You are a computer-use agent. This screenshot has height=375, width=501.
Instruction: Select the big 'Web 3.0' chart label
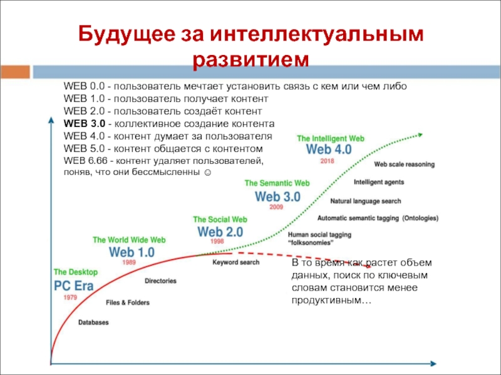(278, 196)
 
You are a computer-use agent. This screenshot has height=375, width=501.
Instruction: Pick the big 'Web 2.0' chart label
(220, 232)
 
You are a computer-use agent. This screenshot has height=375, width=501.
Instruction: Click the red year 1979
(70, 297)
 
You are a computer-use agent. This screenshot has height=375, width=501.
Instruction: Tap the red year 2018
(328, 161)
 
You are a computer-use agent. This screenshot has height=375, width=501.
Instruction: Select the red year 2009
(276, 206)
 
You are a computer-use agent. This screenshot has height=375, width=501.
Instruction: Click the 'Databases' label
(93, 322)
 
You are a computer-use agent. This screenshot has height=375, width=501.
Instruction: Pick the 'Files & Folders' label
(128, 302)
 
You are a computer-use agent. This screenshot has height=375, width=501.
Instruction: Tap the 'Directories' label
(160, 281)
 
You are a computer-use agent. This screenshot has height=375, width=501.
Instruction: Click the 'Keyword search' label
(235, 262)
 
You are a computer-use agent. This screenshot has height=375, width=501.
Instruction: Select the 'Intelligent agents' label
(378, 182)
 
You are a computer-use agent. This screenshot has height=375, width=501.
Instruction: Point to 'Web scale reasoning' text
(405, 165)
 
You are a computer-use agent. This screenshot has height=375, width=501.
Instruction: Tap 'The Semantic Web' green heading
(277, 183)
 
